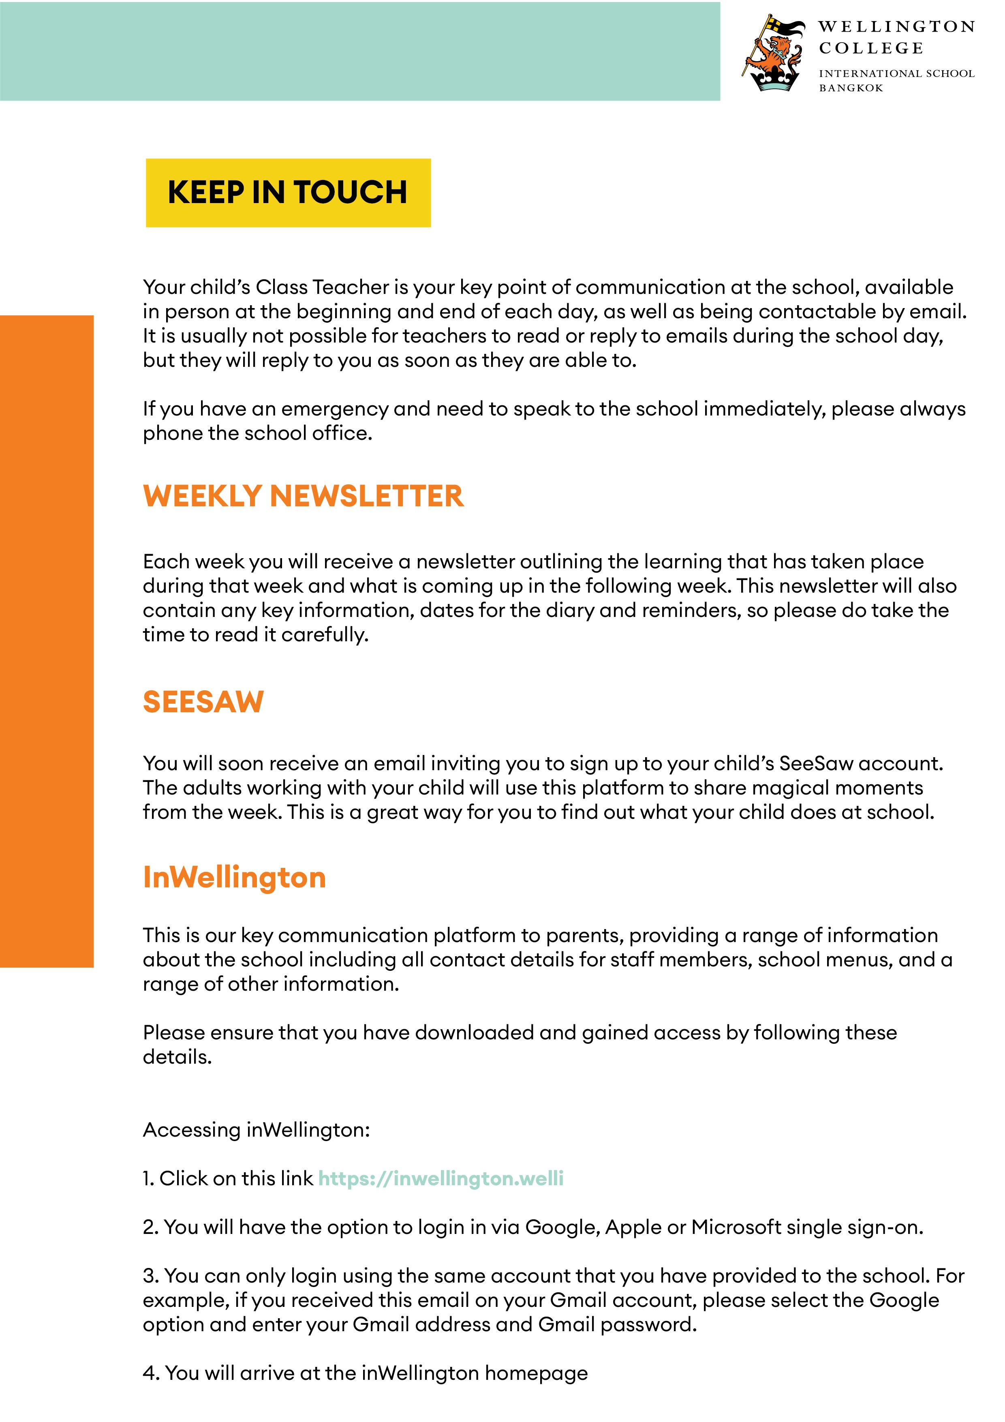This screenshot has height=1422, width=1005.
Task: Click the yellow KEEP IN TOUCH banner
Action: [x=288, y=193]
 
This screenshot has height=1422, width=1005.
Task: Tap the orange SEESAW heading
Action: [x=203, y=702]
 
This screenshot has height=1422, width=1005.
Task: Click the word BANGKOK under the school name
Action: [x=851, y=88]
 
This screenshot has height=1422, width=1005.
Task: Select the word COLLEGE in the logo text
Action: [x=870, y=48]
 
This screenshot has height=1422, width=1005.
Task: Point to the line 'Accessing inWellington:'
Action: [x=257, y=1130]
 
